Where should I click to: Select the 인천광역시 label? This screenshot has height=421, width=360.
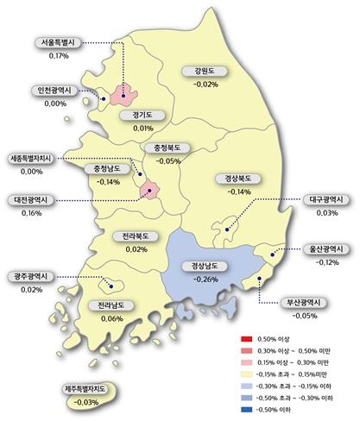pyautogui.click(x=56, y=90)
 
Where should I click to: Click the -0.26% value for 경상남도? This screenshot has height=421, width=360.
pyautogui.click(x=206, y=280)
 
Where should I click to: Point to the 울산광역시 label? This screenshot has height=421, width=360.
pyautogui.click(x=327, y=248)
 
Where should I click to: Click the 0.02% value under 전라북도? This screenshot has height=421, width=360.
pyautogui.click(x=136, y=248)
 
